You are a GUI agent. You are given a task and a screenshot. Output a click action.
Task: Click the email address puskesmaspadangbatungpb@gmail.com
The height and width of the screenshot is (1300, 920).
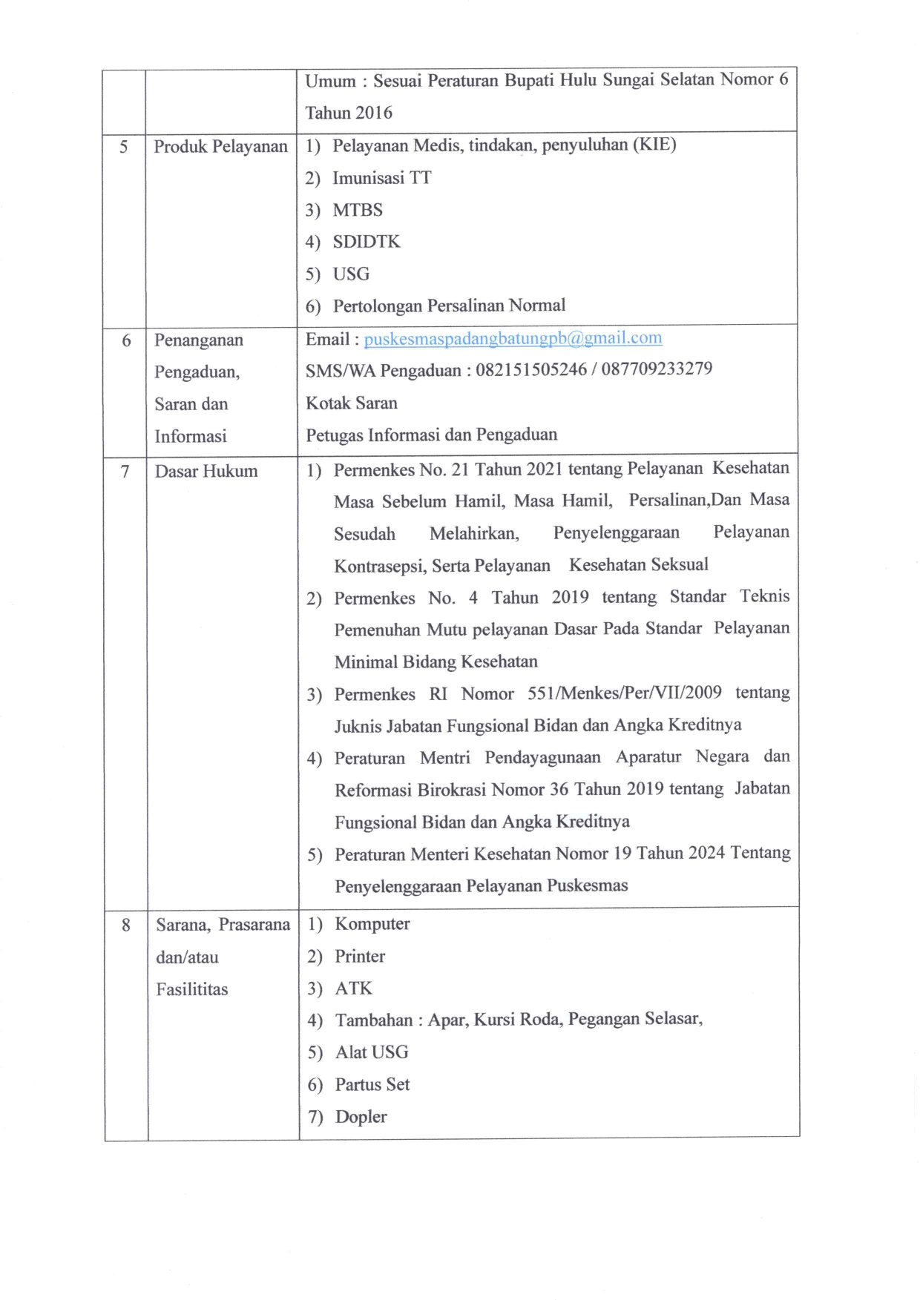click(x=513, y=338)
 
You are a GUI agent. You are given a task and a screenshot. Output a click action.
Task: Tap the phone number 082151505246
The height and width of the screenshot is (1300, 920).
click(x=530, y=369)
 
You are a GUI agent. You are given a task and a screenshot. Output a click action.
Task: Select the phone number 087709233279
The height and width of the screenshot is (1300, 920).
click(x=657, y=369)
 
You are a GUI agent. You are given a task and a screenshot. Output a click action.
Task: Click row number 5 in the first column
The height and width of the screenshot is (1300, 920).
click(x=124, y=147)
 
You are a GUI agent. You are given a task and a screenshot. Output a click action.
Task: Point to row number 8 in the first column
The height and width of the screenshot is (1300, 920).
click(x=126, y=925)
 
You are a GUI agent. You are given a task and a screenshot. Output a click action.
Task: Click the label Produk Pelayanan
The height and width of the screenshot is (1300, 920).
click(x=220, y=146)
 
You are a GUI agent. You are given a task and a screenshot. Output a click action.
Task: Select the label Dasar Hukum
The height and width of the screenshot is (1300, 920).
click(x=206, y=471)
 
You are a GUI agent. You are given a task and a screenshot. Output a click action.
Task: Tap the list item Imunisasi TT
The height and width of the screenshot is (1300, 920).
click(x=381, y=178)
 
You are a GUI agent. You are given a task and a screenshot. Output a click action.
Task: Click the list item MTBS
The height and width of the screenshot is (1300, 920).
click(x=358, y=210)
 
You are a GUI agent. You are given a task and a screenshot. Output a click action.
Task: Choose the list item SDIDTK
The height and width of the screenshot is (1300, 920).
click(x=367, y=242)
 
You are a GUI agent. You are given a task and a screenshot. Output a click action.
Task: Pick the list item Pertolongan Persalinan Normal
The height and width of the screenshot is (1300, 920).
click(x=449, y=306)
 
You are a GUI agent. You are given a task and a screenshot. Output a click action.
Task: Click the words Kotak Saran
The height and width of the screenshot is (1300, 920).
click(x=352, y=403)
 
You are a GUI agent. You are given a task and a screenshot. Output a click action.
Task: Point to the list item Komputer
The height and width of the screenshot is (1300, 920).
click(x=372, y=924)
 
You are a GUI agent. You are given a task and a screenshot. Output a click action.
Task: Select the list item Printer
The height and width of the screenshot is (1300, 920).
click(x=360, y=956)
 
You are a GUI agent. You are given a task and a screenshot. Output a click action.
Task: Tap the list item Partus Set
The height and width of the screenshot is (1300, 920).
click(x=372, y=1084)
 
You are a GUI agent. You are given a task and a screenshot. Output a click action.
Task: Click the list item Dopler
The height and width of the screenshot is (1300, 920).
click(x=361, y=1116)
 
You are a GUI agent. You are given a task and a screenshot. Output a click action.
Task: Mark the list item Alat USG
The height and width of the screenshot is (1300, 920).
click(x=372, y=1052)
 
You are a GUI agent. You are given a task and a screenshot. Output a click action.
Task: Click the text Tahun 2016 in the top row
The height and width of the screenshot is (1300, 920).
click(x=349, y=113)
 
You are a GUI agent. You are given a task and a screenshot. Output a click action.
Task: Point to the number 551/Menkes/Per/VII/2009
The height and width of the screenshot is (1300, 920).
click(x=624, y=693)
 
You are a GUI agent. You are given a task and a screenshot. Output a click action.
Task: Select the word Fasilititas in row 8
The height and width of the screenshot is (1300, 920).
click(x=191, y=989)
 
